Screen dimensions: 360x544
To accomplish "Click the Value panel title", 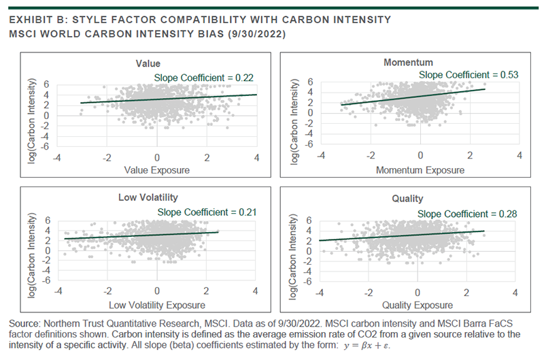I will point(157,64).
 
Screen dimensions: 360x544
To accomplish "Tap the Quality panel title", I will point(408,199).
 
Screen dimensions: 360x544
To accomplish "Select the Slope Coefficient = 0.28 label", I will point(466,214).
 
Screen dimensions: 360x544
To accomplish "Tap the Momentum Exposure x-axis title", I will point(420,169).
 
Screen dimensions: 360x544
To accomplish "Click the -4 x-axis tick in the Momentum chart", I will point(320,155).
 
